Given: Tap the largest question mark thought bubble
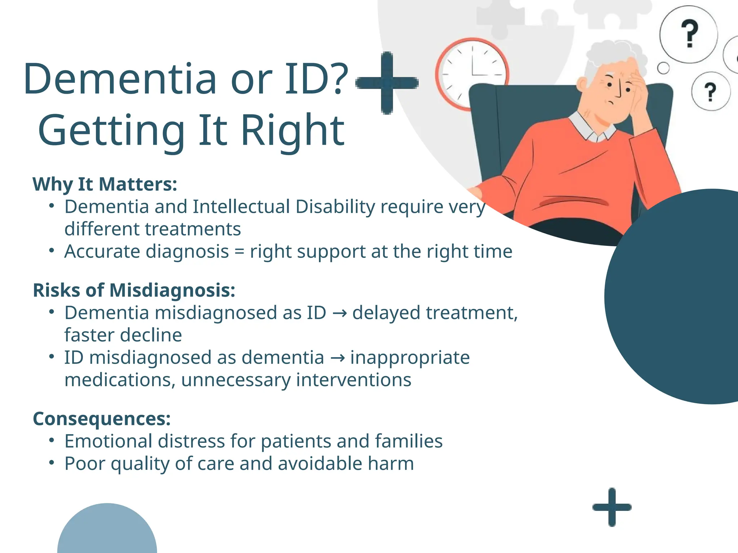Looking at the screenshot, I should (689, 34).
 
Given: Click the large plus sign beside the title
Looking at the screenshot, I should (387, 83).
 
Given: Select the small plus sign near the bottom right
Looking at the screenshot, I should (612, 507).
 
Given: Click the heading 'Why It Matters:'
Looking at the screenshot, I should (105, 184).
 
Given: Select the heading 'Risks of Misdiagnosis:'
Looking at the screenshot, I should (134, 290).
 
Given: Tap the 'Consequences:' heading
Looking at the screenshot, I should (102, 419).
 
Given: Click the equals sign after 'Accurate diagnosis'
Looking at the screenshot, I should (239, 252).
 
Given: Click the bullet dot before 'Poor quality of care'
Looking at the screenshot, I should (52, 463).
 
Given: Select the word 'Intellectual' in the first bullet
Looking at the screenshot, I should (241, 207).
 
